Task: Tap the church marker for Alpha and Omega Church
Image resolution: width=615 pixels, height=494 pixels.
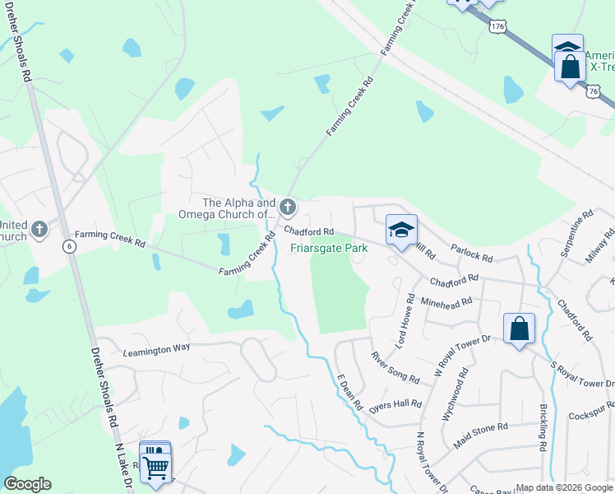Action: coord(287,206)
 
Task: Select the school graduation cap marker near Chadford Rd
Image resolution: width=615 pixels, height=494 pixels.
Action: coord(401,231)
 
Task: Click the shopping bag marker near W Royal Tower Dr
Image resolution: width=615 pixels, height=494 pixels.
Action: coord(520,330)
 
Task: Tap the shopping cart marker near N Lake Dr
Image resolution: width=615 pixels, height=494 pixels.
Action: coord(155,466)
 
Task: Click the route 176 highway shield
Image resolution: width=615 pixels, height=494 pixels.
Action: coord(497,28)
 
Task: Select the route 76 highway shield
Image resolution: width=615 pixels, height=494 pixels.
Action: coord(593,92)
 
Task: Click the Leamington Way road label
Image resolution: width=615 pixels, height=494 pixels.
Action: coord(156,347)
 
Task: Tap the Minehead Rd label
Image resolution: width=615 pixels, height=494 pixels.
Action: coord(446,301)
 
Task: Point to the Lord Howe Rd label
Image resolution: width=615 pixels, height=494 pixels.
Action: coord(403,319)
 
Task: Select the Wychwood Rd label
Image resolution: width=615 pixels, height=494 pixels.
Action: coord(454,399)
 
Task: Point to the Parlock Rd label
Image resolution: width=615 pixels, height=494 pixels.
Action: coord(473,252)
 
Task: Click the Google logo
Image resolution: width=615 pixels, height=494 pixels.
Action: coord(28,484)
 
